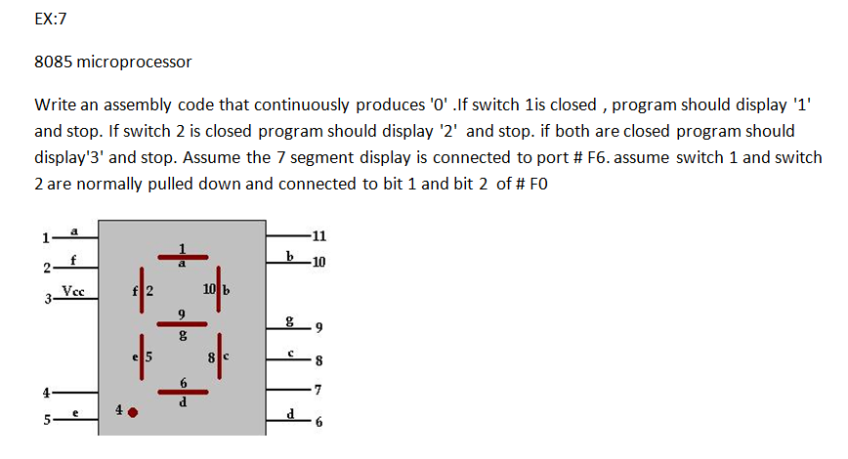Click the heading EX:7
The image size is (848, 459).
51,19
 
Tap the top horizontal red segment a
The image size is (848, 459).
183,256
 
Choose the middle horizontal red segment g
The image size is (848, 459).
183,323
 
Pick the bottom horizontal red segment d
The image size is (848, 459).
183,392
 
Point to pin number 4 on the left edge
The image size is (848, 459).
44,394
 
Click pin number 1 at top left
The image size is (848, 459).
44,236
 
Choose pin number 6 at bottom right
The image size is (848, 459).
318,422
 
